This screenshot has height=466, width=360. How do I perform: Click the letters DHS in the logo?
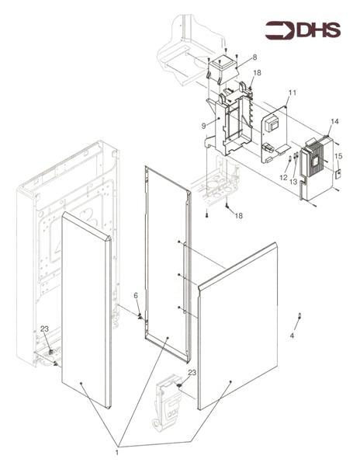click(x=318, y=30)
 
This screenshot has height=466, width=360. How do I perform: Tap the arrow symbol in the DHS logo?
click(x=279, y=30)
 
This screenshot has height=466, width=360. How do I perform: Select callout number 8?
click(x=254, y=57)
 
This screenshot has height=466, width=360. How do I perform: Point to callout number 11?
click(x=292, y=92)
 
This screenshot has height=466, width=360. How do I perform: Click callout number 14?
click(x=334, y=121)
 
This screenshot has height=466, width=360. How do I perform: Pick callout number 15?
click(x=338, y=156)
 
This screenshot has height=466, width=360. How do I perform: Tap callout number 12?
click(x=283, y=177)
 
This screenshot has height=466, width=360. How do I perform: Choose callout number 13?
click(x=293, y=182)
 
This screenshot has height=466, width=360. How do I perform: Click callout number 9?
click(x=203, y=126)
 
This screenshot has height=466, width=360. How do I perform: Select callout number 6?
click(x=136, y=295)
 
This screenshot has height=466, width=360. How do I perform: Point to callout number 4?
click(x=292, y=336)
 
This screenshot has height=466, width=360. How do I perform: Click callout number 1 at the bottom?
click(x=116, y=453)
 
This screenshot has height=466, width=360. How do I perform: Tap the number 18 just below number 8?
click(x=257, y=72)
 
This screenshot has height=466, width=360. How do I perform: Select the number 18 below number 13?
click(x=239, y=215)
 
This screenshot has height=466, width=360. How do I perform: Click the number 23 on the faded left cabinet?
click(x=44, y=329)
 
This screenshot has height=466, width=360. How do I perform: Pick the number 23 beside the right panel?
click(x=192, y=372)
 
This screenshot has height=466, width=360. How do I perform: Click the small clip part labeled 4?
click(x=299, y=315)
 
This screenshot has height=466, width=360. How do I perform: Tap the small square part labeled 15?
click(x=337, y=174)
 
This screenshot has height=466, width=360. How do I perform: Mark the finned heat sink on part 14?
click(x=314, y=161)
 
